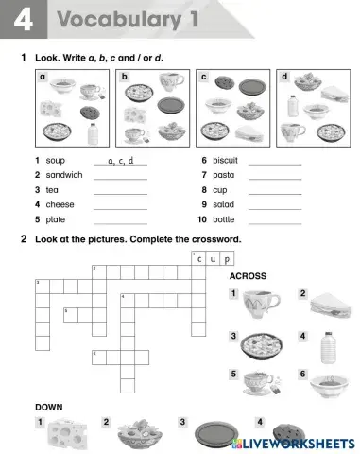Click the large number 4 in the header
19,20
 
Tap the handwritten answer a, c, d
121,161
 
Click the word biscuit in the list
226,161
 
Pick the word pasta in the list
223,175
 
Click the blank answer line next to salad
274,206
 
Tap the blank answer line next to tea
121,191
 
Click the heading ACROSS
248,276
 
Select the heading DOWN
49,407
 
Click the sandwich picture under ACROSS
329,303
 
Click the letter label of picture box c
204,77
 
